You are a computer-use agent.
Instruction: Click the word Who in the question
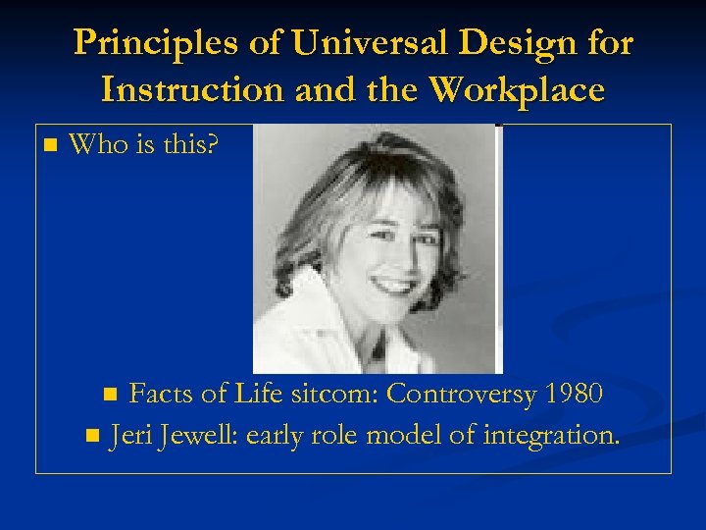point(95,145)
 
